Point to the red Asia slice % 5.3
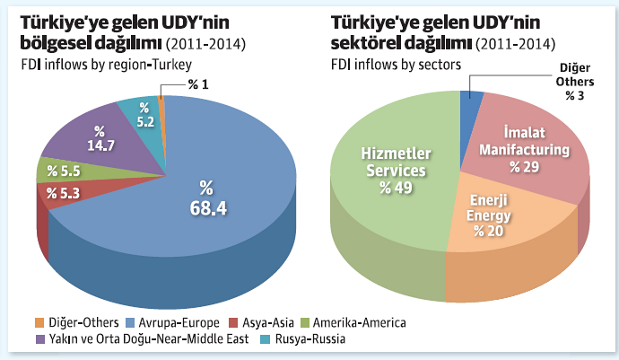click(63, 193)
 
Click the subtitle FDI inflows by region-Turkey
click(102, 65)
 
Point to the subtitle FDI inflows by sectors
click(396, 65)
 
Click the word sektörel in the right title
click(369, 41)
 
